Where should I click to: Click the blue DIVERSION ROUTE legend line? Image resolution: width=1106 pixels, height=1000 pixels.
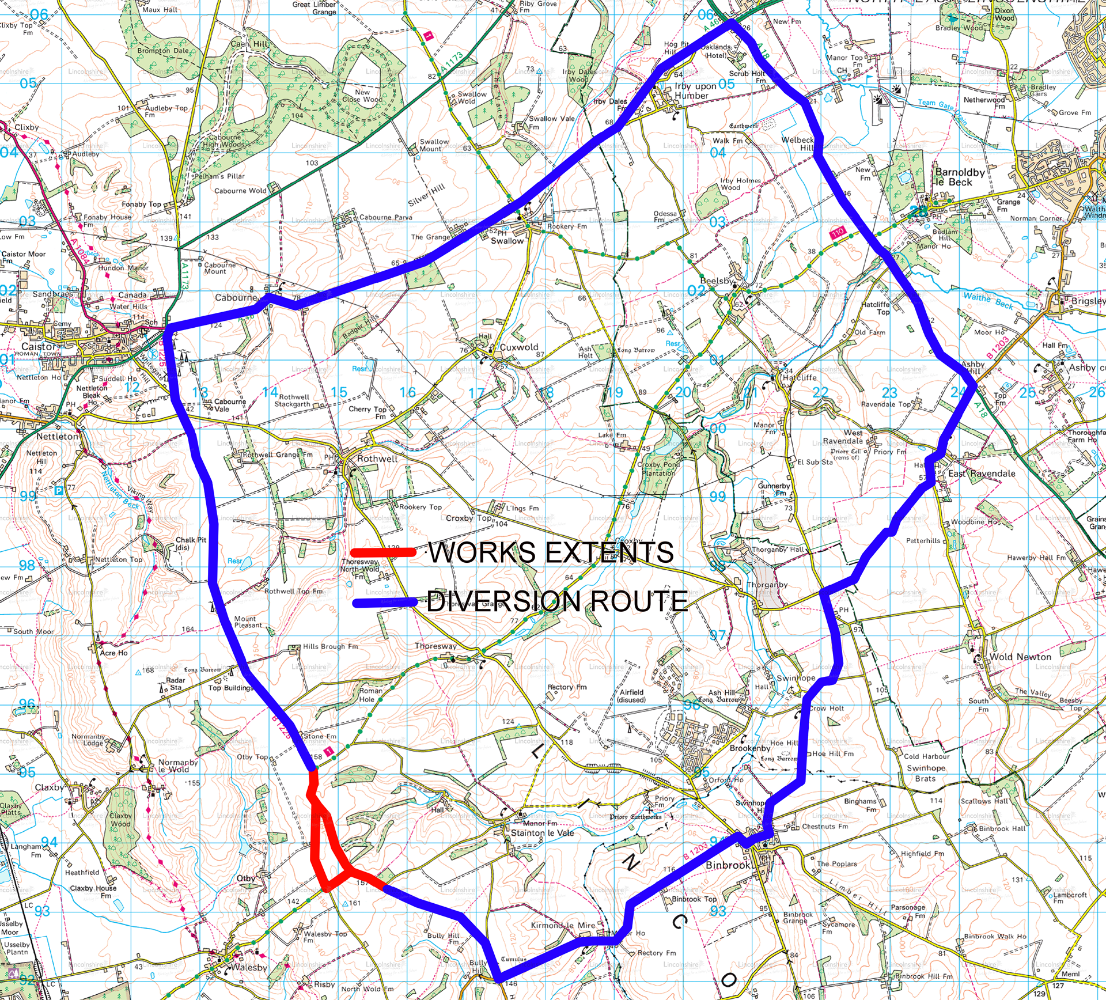point(385,603)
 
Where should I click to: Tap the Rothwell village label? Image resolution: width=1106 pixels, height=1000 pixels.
point(377,459)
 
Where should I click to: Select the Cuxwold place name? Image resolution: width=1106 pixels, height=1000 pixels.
point(518,347)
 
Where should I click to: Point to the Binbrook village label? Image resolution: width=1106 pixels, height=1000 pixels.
point(728,865)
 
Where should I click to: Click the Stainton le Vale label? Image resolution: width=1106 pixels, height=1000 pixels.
point(542,833)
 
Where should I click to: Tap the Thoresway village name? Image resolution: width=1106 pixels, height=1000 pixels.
point(435,646)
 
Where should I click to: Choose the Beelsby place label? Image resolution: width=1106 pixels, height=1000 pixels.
point(717,281)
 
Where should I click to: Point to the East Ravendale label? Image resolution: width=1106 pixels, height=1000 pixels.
point(982,474)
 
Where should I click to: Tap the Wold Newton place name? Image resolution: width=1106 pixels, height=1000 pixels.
point(1020,657)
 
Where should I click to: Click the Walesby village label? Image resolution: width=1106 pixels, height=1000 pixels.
point(248,967)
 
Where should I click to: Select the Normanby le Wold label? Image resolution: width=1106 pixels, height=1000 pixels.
point(177,766)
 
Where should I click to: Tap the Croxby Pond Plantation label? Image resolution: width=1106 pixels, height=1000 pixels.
point(659,468)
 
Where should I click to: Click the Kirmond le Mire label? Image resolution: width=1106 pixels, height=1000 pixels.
point(563,925)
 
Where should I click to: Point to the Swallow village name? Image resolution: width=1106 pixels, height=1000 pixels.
point(507,241)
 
